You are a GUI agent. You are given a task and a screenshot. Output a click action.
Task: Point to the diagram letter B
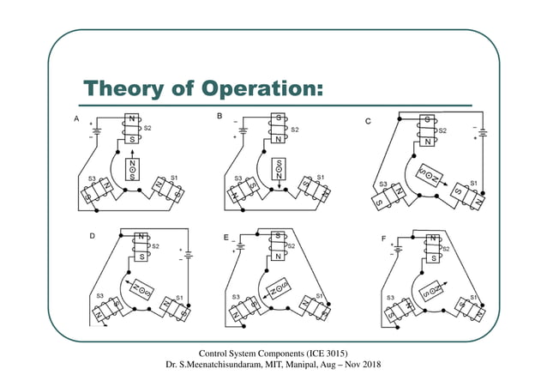(x=219, y=116)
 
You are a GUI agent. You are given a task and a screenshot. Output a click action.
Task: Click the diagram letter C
(x=368, y=122)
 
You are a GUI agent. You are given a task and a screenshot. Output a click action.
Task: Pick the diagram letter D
(x=92, y=235)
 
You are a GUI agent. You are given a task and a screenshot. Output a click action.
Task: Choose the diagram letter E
(x=225, y=237)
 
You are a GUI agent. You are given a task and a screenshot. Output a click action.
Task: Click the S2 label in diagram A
(x=147, y=127)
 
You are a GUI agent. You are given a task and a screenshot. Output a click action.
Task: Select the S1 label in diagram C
(x=472, y=183)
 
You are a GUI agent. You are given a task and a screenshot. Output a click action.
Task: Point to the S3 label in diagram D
(x=101, y=296)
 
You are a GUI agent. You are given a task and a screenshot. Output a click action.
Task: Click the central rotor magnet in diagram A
(x=132, y=168)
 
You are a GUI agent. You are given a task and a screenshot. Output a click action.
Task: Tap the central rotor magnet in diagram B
(x=279, y=169)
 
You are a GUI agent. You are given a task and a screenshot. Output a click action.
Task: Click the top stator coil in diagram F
(x=433, y=248)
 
